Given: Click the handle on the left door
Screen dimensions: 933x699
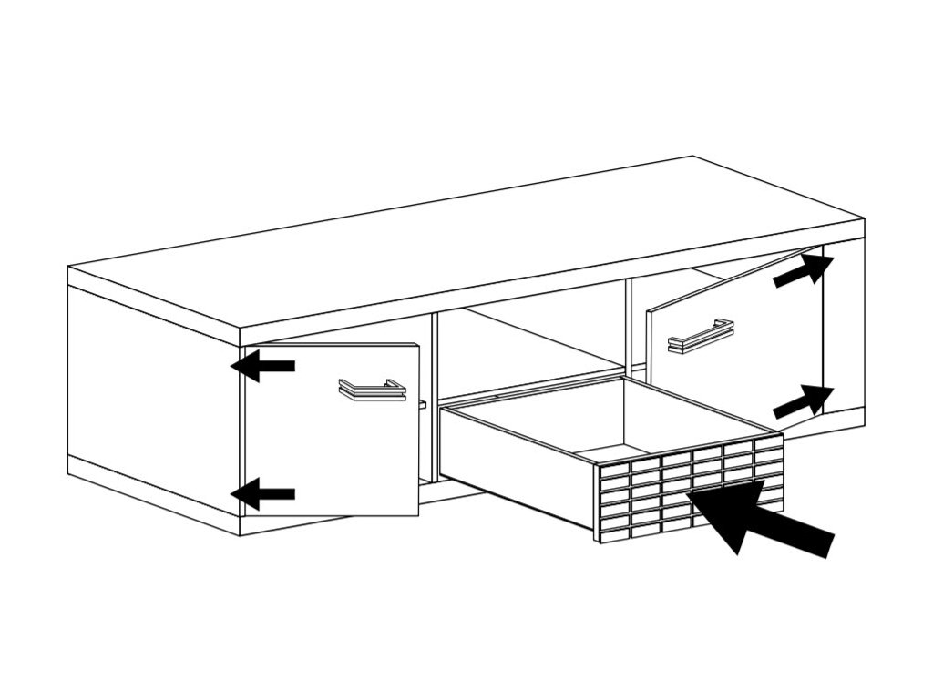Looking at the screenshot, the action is pyautogui.click(x=372, y=390).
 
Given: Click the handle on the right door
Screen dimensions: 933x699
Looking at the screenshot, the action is pyautogui.click(x=701, y=336).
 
